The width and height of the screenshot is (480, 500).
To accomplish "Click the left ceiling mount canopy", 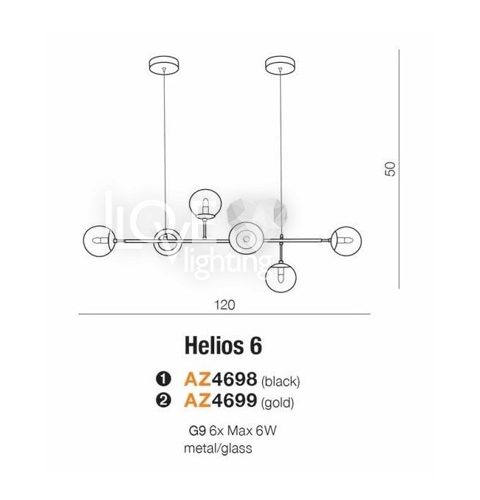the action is click(164, 66).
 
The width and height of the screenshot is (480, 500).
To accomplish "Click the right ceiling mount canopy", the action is click(281, 66).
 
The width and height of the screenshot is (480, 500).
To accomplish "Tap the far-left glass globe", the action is click(99, 241).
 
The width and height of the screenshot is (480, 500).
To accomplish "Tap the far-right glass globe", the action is click(346, 241).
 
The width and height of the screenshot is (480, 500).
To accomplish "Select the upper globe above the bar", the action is click(205, 204).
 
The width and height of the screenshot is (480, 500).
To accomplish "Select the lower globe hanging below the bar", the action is click(281, 277).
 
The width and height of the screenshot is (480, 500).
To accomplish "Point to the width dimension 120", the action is click(224, 305).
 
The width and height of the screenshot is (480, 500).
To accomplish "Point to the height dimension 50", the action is click(390, 169).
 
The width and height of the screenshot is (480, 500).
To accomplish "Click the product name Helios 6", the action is click(223, 346).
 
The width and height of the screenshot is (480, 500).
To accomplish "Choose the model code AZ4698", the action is click(221, 380).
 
